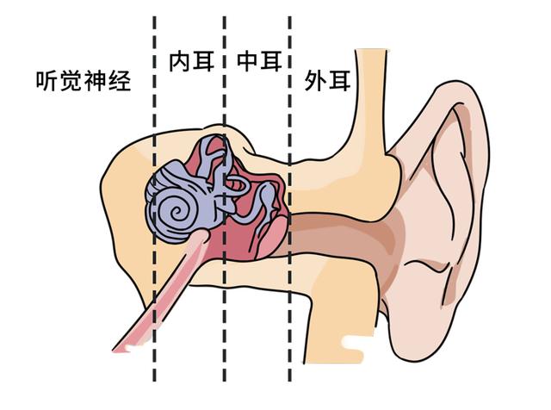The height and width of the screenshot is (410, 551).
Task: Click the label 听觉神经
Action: pyautogui.click(x=84, y=81)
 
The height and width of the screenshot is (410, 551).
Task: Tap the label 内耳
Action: pyautogui.click(x=192, y=61)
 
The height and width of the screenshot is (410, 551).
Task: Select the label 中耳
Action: pyautogui.click(x=259, y=61)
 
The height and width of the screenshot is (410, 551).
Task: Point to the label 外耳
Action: pyautogui.click(x=327, y=81)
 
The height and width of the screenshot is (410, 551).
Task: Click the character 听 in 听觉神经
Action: pyautogui.click(x=47, y=81)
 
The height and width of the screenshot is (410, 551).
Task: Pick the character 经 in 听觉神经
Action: pyautogui.click(x=120, y=81)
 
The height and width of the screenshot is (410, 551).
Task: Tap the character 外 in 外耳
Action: pyautogui.click(x=316, y=81)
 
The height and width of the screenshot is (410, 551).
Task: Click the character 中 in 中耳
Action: pyautogui.click(x=248, y=61)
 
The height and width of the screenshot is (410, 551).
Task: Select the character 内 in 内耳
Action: pyautogui.click(x=180, y=61)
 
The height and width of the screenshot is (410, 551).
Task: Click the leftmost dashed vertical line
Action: pyautogui.click(x=155, y=199)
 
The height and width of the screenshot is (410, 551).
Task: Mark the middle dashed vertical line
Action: pyautogui.click(x=224, y=199)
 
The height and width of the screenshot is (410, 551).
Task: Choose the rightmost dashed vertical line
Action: pyautogui.click(x=289, y=199)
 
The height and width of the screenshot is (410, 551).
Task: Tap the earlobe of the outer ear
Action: pyautogui.click(x=415, y=338)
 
